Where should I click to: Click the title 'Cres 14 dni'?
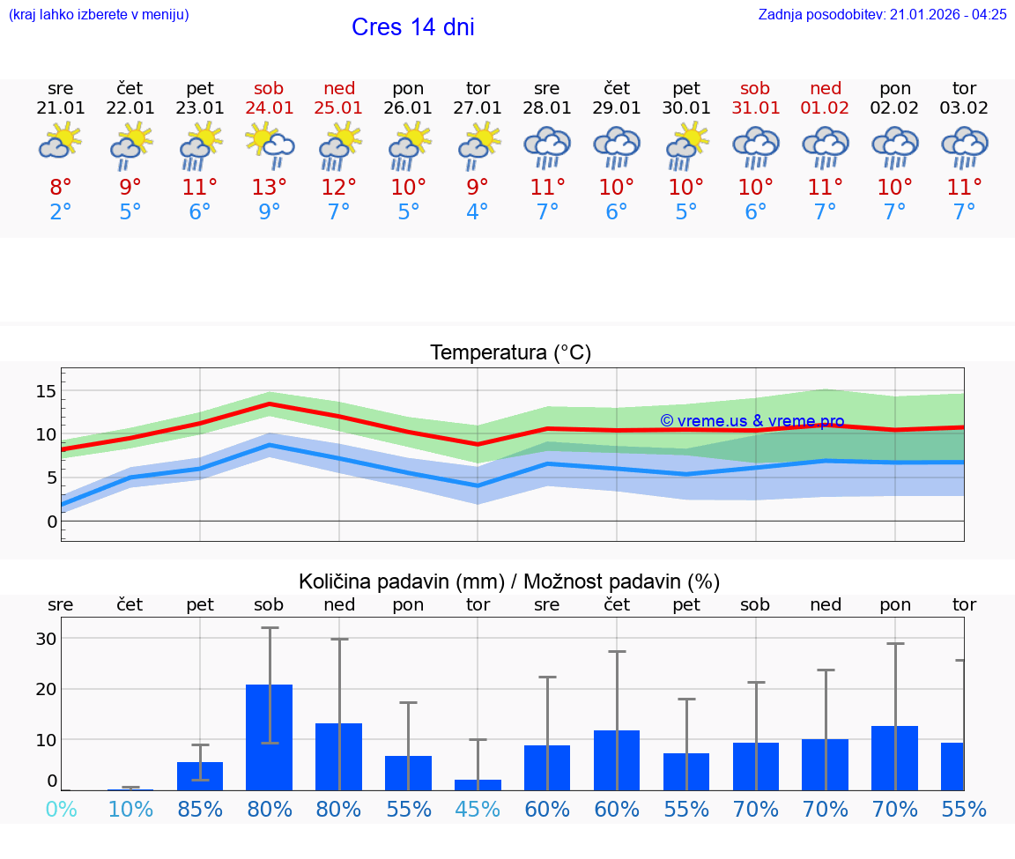tap(412, 27)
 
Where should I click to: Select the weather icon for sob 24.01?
tap(270, 144)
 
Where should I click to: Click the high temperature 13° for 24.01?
tap(270, 187)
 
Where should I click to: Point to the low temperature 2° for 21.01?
tap(61, 212)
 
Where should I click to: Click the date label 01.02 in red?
tap(826, 107)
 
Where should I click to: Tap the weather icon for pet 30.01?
tap(686, 144)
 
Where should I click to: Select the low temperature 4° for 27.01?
tap(478, 212)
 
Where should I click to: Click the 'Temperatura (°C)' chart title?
tap(510, 352)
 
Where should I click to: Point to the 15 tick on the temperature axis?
tap(46, 390)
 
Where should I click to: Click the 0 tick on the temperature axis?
tap(51, 521)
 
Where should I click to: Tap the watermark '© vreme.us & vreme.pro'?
tap(752, 421)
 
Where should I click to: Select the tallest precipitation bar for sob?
tap(269, 737)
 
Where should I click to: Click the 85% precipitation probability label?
tap(200, 809)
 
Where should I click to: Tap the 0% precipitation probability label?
tap(61, 809)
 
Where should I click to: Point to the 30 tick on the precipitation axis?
tap(46, 639)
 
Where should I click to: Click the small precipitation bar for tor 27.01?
tap(478, 784)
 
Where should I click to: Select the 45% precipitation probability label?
tap(478, 809)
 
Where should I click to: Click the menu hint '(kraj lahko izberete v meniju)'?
tap(99, 14)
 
